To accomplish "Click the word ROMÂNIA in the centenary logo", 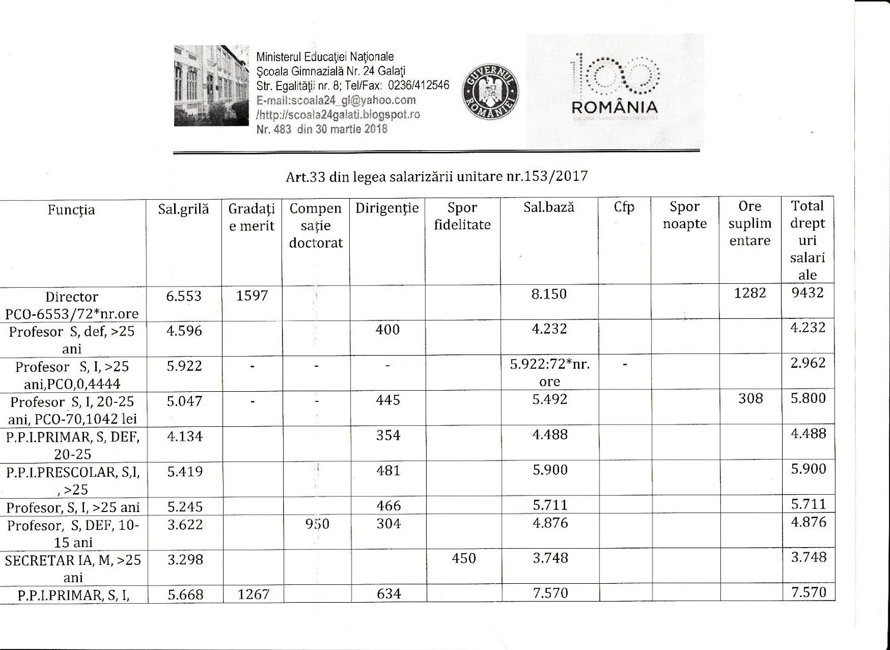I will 615,107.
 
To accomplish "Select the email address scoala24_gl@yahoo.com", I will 336,100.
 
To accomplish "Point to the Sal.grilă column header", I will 184,209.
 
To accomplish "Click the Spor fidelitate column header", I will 462,216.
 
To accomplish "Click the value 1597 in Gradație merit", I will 252,296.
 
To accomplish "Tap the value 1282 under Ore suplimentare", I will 750,293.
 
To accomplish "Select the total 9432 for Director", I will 807,292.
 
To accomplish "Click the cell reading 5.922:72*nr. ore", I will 550,373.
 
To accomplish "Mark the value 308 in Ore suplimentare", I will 750,398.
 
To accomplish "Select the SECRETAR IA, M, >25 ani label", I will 73,568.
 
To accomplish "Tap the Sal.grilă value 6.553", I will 184,296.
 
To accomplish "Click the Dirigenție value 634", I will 388,594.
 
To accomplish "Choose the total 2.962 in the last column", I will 808,363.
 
